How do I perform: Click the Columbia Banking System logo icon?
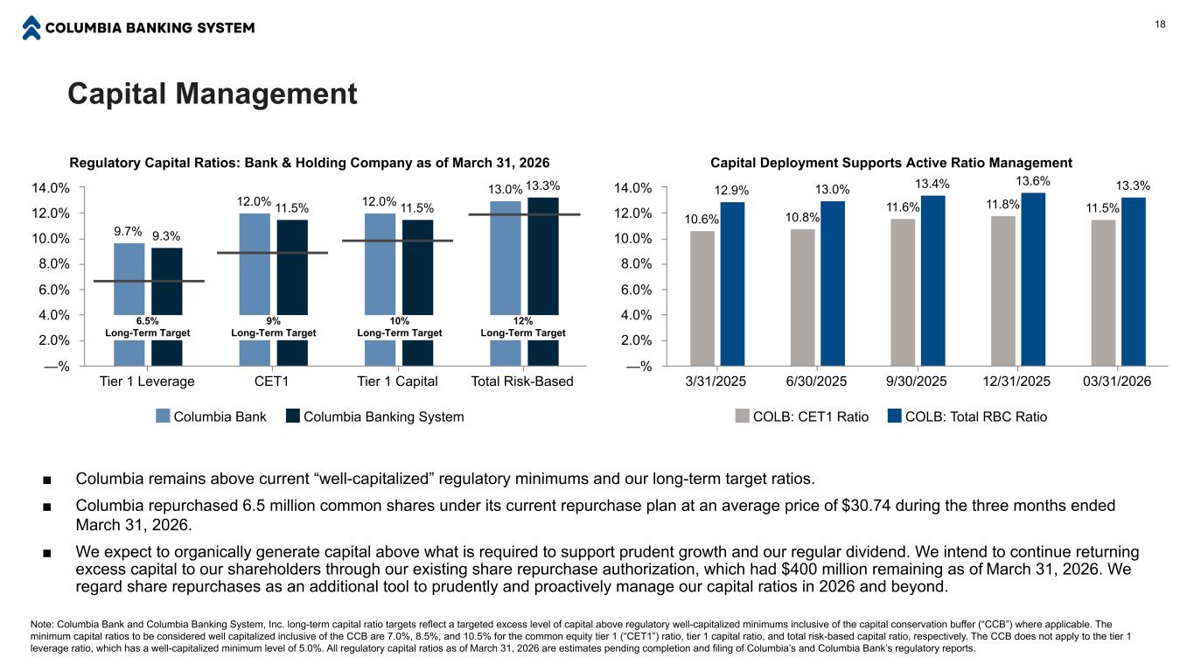pos(31,28)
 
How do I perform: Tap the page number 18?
pos(1160,24)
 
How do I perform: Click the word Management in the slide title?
pos(266,94)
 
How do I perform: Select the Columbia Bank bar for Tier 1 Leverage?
pos(129,304)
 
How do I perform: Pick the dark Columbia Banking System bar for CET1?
pos(292,293)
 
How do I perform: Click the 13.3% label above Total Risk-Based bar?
pos(542,186)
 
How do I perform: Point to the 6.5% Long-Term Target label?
pos(148,327)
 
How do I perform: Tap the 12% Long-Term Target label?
pos(523,327)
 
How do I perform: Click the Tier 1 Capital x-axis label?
pos(397,381)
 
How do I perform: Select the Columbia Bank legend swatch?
pos(163,416)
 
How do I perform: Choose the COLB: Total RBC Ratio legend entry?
pos(967,416)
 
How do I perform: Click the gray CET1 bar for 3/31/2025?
pos(702,298)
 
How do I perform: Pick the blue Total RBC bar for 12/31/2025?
pos(1033,279)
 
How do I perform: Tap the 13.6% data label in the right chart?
pos(1033,181)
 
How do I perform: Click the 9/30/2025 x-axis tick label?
pos(917,381)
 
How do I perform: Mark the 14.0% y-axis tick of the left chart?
pos(51,188)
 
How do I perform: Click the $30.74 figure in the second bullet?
pos(866,506)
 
